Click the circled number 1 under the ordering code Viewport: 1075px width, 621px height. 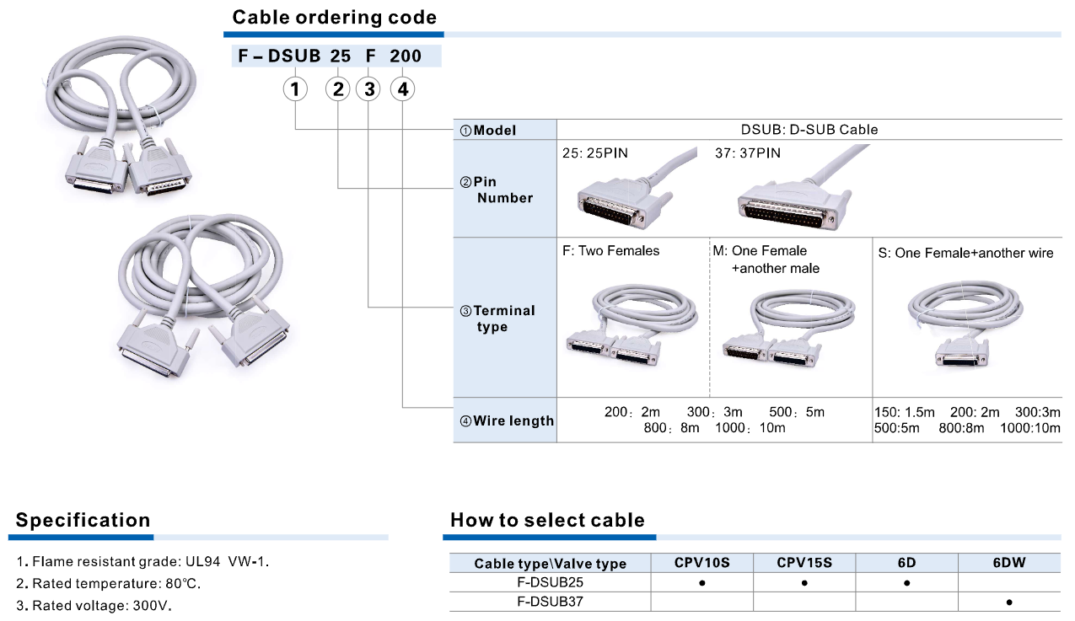(295, 88)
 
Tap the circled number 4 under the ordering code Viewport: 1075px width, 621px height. (403, 88)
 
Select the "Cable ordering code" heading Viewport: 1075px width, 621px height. (335, 17)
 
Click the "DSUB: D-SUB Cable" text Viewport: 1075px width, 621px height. (809, 130)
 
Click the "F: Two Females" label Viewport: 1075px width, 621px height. (611, 250)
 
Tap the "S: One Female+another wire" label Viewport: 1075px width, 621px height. (965, 253)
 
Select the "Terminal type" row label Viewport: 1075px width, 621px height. (503, 319)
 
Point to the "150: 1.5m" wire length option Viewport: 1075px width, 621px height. (905, 412)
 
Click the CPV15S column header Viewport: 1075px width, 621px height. (804, 562)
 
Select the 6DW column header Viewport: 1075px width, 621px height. (1008, 562)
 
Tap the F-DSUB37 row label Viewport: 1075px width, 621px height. (550, 602)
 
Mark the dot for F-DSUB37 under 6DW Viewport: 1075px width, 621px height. (1009, 602)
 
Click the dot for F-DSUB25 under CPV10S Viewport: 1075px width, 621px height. (701, 582)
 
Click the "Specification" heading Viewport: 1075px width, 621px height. (83, 520)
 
